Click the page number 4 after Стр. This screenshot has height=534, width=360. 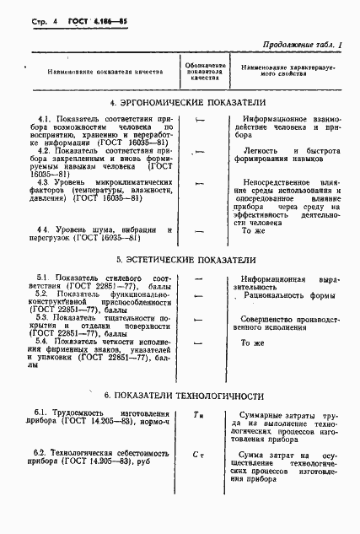(x=40, y=19)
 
